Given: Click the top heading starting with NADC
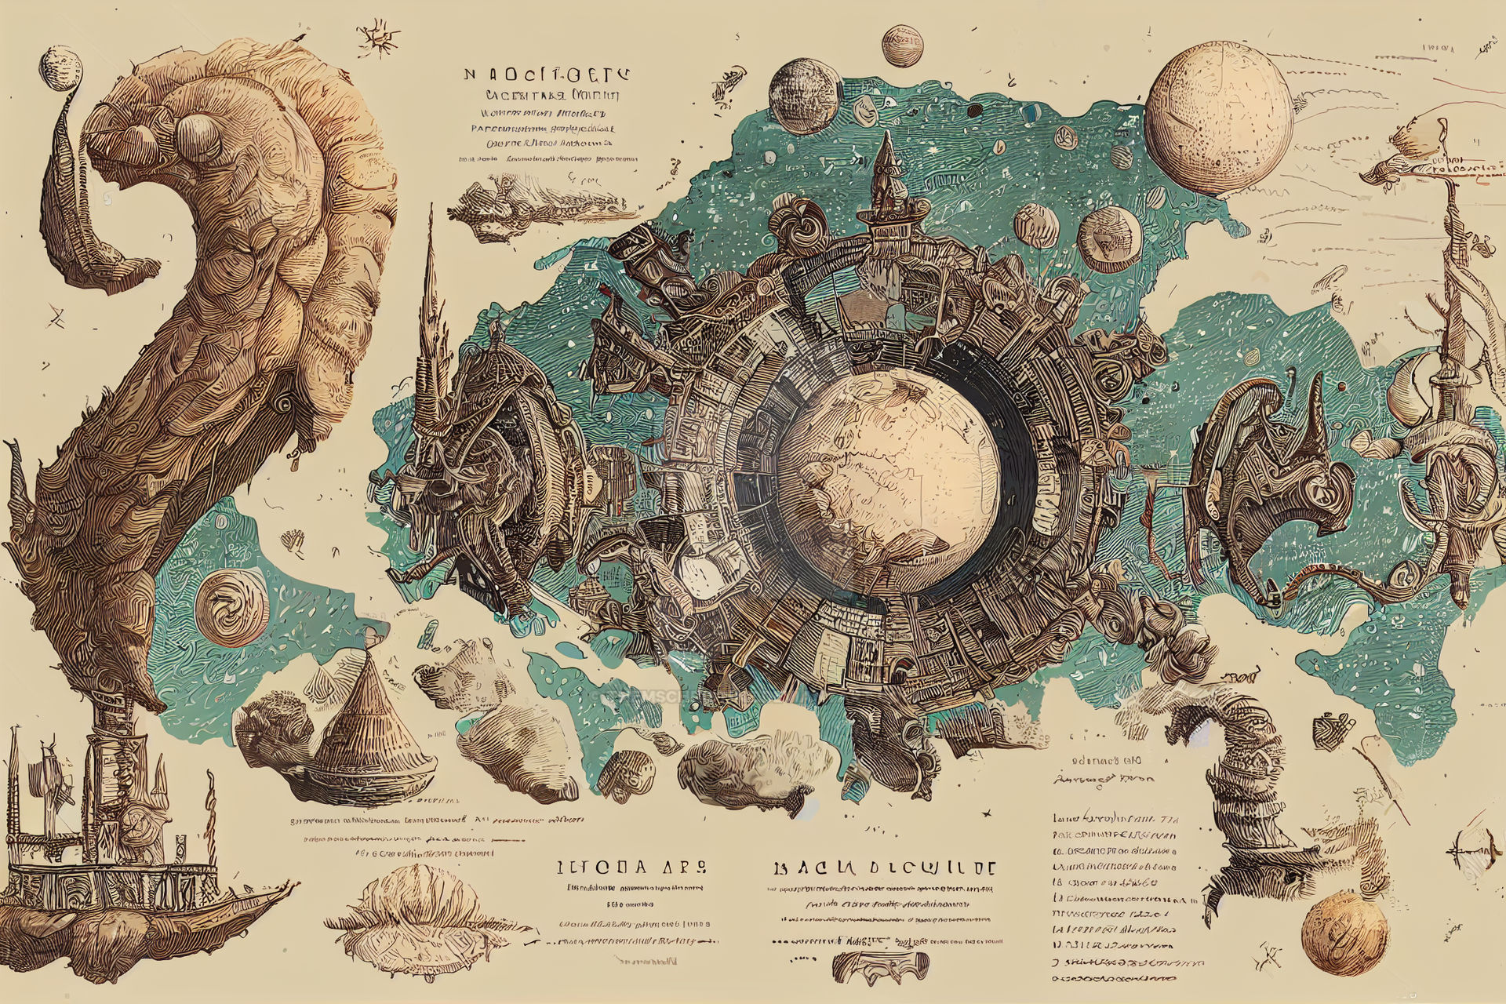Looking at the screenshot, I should pyautogui.click(x=545, y=75).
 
